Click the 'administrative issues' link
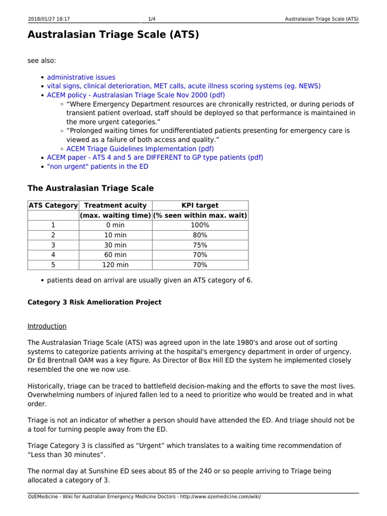(x=81, y=77)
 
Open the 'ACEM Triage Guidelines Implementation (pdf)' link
(x=140, y=149)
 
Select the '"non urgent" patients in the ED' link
(x=98, y=166)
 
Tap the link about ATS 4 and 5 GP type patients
(x=155, y=157)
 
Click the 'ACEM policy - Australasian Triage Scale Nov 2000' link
(x=136, y=95)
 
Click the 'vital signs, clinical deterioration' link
(x=183, y=86)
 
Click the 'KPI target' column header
(x=200, y=205)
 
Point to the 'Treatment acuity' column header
(x=115, y=205)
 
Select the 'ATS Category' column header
(x=53, y=205)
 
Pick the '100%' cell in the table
(x=200, y=225)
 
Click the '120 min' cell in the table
(x=115, y=265)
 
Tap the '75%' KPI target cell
(x=200, y=245)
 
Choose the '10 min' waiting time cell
(x=115, y=235)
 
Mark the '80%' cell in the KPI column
(x=200, y=235)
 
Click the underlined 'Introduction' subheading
(x=47, y=326)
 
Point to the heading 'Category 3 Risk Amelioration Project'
(x=94, y=302)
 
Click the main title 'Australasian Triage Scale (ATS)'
(x=113, y=35)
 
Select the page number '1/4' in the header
(x=152, y=19)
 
